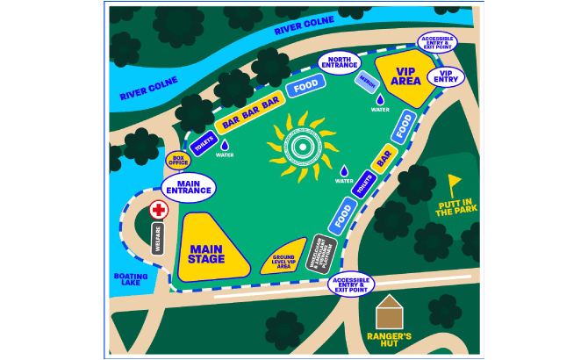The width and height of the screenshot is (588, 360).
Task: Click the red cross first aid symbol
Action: (159, 210)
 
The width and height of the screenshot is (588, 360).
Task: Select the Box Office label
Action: (178, 160)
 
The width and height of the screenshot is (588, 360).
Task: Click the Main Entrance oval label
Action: (189, 186)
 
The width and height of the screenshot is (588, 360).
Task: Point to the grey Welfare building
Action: (159, 239)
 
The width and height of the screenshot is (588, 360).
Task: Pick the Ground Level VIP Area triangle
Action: (286, 259)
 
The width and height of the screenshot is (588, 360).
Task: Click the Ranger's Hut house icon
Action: (389, 313)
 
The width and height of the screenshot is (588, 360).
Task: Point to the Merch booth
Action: (367, 81)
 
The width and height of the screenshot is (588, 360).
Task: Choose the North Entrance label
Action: (338, 63)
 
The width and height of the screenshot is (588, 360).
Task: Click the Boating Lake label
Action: (131, 279)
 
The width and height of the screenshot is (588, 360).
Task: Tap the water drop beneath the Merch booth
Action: (380, 99)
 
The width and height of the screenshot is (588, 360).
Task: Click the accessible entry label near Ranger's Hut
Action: (351, 284)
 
